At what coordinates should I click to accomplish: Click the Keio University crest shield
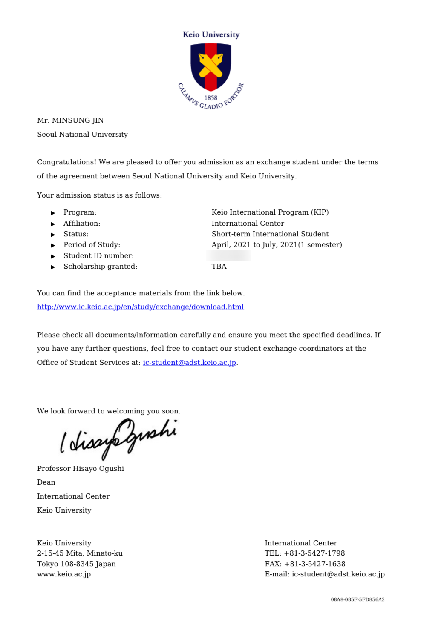pos(210,66)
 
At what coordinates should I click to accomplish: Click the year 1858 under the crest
pos(210,97)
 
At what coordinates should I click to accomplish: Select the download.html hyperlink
pos(140,307)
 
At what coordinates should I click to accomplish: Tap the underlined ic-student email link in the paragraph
pos(189,362)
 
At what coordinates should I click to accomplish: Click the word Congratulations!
pos(66,162)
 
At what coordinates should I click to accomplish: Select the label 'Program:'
pos(80,212)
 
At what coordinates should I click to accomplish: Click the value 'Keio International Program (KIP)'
pos(270,212)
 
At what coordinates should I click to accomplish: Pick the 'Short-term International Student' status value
pos(270,234)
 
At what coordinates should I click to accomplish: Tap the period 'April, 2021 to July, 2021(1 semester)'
pos(277,244)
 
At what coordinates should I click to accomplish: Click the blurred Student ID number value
pos(228,255)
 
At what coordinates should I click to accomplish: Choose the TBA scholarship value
pos(219,266)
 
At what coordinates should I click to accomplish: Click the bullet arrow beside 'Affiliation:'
pos(53,224)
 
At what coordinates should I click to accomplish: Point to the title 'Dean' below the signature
pos(46,482)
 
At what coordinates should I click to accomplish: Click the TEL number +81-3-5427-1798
pos(314,553)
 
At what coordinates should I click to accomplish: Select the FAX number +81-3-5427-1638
pos(314,564)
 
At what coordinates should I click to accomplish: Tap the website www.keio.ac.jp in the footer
pos(64,574)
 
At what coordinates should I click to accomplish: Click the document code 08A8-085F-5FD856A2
pos(358,599)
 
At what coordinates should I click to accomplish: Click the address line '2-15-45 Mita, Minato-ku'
pos(80,553)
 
